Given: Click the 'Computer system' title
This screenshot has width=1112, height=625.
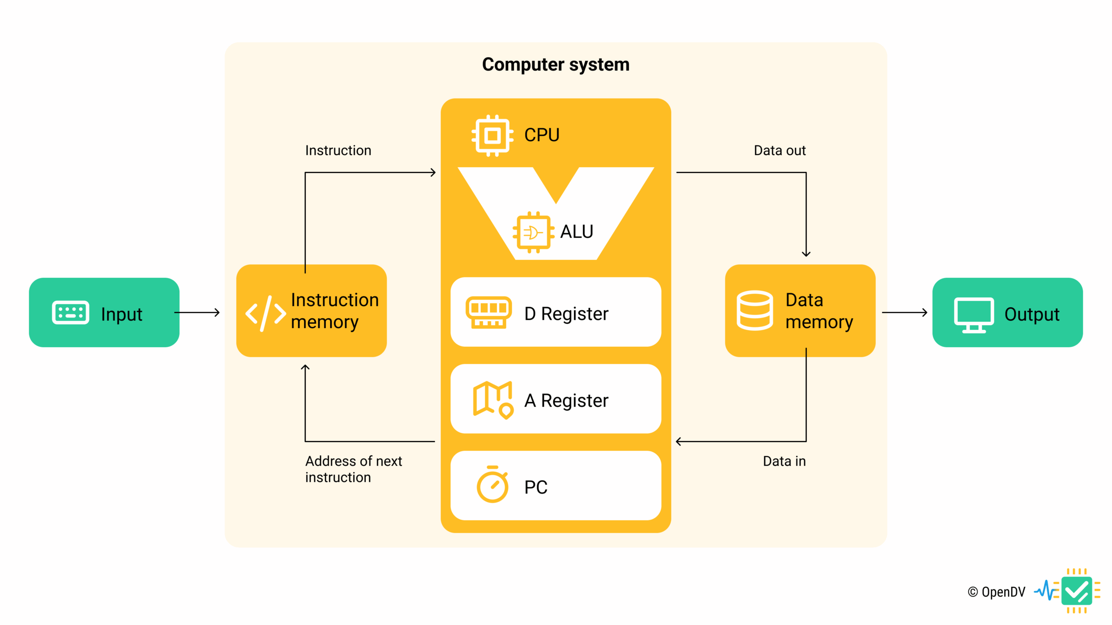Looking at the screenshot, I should point(556,65).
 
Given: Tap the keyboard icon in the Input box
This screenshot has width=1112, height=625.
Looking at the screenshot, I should point(70,312).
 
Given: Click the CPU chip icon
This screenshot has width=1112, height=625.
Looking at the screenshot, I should point(492,135).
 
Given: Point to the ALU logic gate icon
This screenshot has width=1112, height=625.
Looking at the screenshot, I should point(533,233).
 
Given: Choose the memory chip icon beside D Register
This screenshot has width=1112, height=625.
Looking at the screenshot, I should point(488,312).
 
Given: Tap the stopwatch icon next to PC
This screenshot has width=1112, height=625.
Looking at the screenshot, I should point(492,485).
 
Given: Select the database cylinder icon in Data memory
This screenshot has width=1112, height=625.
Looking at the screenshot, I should point(755,310).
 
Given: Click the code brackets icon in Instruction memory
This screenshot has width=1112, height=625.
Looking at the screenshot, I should point(265,313).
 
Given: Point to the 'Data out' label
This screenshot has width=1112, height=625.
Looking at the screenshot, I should point(779,151).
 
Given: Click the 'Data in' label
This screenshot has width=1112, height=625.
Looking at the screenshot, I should point(784,461).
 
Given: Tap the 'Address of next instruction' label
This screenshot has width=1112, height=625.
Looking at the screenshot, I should point(353,469).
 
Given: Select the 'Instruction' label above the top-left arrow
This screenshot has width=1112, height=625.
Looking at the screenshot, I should point(338,151).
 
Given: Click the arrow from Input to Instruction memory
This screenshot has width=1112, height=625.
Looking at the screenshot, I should point(198,312).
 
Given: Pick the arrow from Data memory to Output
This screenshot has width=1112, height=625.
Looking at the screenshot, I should point(904,312).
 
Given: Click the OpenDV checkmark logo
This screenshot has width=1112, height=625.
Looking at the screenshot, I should point(1076,591).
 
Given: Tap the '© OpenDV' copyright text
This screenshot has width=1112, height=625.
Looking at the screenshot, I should point(996,592).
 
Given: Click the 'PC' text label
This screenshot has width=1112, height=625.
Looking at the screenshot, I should point(536,487).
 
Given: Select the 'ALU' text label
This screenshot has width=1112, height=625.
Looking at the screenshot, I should point(576,232).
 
